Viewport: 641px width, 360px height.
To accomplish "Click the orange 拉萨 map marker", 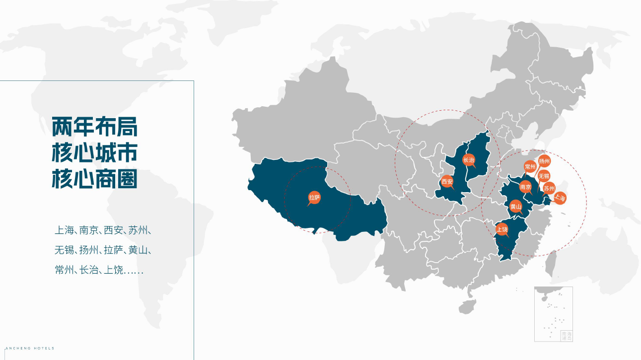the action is pyautogui.click(x=314, y=197).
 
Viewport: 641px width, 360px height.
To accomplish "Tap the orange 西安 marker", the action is pyautogui.click(x=447, y=182).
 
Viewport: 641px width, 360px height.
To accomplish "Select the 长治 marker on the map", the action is pyautogui.click(x=469, y=160).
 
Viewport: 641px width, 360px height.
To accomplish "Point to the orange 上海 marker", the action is pyautogui.click(x=560, y=198).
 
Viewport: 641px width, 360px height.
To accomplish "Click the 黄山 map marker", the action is pyautogui.click(x=516, y=207).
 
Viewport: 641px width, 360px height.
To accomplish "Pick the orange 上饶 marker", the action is pyautogui.click(x=502, y=229).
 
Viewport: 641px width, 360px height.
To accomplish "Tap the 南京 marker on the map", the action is pyautogui.click(x=525, y=187).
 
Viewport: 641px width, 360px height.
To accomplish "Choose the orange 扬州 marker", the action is pyautogui.click(x=545, y=161).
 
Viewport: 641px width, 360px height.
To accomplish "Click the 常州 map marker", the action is pyautogui.click(x=530, y=167).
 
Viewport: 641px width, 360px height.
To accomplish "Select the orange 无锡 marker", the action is pyautogui.click(x=544, y=176).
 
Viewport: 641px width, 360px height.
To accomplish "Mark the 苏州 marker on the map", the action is pyautogui.click(x=549, y=188).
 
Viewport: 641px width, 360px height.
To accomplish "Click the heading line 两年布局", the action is pyautogui.click(x=94, y=128).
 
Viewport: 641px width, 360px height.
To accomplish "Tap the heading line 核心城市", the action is pyautogui.click(x=94, y=153).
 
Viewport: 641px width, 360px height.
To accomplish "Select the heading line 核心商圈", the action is pyautogui.click(x=94, y=179).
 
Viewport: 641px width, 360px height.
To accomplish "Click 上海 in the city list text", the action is pyautogui.click(x=64, y=230).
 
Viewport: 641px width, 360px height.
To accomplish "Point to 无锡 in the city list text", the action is pyautogui.click(x=64, y=250).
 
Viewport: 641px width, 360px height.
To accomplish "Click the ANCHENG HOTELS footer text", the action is pyautogui.click(x=28, y=348).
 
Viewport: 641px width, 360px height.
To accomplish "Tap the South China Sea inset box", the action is pyautogui.click(x=553, y=314).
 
